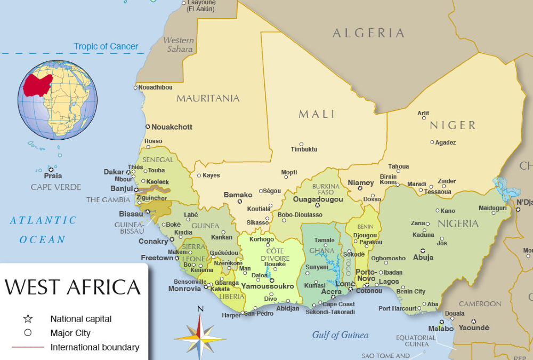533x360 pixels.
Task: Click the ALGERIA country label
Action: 368,33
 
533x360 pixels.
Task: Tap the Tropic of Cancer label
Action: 106,46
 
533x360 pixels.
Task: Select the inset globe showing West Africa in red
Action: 58,100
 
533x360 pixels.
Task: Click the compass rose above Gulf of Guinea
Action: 200,334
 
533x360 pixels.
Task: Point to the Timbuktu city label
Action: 304,150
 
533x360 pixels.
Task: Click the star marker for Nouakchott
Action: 148,127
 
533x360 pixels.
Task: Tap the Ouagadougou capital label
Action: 318,199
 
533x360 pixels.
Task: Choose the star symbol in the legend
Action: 28,319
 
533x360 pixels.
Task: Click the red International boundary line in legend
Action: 28,347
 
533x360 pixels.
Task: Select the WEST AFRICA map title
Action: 72,287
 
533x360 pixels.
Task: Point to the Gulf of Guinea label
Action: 340,335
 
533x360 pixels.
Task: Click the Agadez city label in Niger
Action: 446,142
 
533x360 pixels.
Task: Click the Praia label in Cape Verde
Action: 53,175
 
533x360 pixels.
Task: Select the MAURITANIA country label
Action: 208,98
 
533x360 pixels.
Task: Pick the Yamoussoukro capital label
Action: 267,286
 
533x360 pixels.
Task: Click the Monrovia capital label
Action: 184,289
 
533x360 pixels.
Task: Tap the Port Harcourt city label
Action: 398,308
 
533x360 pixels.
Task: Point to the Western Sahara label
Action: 178,45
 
